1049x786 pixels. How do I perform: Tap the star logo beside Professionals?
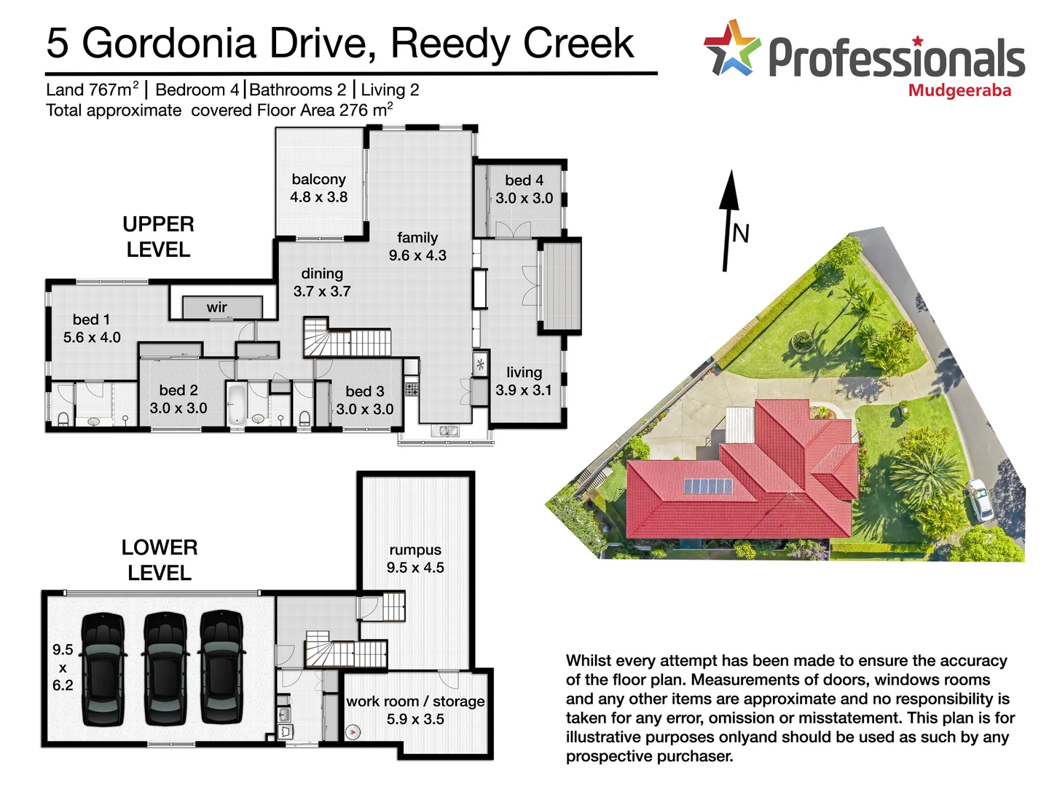click(731, 48)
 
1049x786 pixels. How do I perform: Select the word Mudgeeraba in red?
click(959, 91)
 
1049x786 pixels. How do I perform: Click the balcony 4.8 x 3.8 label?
click(318, 188)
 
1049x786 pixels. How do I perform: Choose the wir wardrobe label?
click(216, 307)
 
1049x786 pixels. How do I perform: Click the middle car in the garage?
click(166, 668)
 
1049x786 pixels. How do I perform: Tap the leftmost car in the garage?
click(103, 668)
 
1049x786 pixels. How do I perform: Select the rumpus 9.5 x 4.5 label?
click(415, 558)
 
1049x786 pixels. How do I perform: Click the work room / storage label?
click(415, 702)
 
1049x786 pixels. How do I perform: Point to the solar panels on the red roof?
click(707, 485)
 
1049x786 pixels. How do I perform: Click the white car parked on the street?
click(980, 499)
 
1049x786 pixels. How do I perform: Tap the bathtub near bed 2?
click(236, 405)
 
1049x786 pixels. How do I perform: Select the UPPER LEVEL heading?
click(158, 237)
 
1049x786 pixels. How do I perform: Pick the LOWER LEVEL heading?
click(160, 560)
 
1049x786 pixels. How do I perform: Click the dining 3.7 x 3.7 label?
click(322, 282)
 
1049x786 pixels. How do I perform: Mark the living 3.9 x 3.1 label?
click(524, 381)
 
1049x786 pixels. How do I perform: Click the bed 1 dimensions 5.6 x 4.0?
click(92, 337)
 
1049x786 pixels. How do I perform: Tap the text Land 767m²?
click(92, 90)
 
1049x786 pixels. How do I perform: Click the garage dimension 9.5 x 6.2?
click(63, 667)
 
